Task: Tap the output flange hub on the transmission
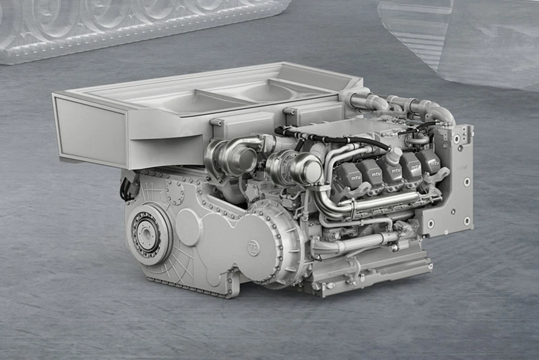(x=146, y=233)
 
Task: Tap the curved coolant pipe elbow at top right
(x=438, y=111)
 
